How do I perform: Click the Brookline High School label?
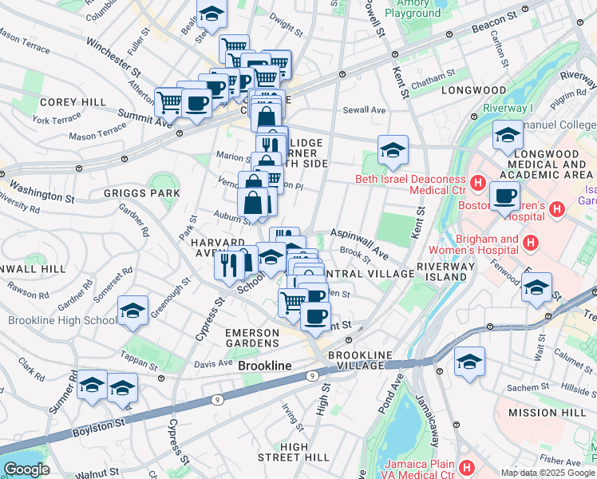click(61, 321)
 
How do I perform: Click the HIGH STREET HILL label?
click(294, 452)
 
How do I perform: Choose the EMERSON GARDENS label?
click(253, 338)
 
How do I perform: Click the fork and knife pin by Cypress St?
click(229, 263)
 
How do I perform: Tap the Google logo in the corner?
click(26, 469)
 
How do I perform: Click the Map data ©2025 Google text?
click(548, 473)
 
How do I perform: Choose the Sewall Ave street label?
click(364, 110)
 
